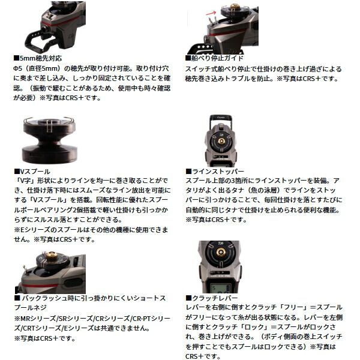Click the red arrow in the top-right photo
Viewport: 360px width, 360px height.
coord(211,13)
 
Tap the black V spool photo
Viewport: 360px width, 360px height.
coord(49,140)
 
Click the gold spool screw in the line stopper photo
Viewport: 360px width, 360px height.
coord(221,141)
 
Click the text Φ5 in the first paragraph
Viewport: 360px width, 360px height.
coord(17,68)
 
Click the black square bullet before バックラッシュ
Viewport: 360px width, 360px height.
coord(17,298)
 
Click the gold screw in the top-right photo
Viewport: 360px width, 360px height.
coord(234,7)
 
